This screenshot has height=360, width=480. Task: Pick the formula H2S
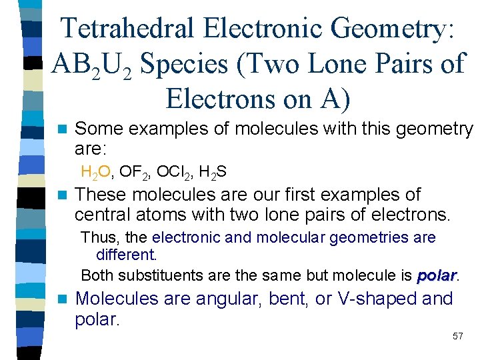click(213, 173)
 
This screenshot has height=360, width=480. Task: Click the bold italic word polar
click(437, 275)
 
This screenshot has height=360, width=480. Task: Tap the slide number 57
click(457, 337)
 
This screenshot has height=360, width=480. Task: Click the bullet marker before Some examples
click(63, 129)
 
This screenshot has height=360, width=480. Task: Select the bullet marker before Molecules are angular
click(63, 299)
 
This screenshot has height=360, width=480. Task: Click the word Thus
click(97, 237)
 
